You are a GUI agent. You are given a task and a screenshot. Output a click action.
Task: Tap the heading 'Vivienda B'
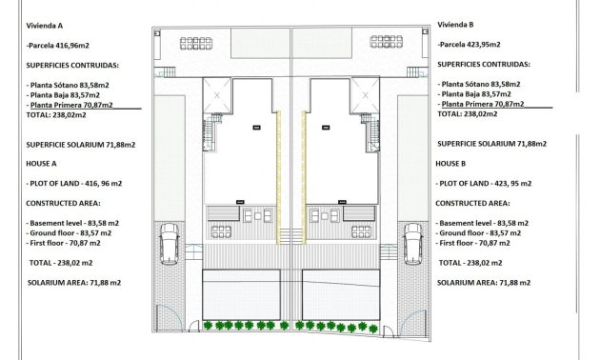(x=456, y=24)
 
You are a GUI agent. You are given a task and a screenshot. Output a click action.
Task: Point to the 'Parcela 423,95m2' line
(x=470, y=44)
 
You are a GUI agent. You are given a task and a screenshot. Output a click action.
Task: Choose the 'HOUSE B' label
(x=451, y=163)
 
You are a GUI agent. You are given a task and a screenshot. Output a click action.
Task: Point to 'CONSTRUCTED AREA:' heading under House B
(x=473, y=203)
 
